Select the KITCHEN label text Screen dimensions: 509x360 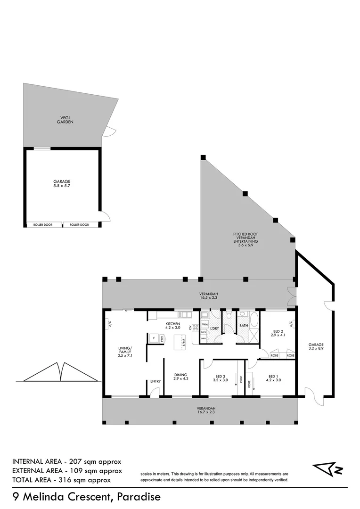[172, 324]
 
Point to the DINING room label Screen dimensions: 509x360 [180, 376]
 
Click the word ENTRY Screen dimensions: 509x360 [155, 381]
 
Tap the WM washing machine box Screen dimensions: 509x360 [205, 325]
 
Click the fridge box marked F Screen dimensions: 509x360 [154, 337]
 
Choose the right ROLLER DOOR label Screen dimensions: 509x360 [79, 225]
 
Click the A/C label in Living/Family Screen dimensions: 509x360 [109, 324]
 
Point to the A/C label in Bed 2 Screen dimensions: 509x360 [291, 324]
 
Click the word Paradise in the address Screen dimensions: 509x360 [139, 497]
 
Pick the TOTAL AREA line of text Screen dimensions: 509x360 [62, 480]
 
